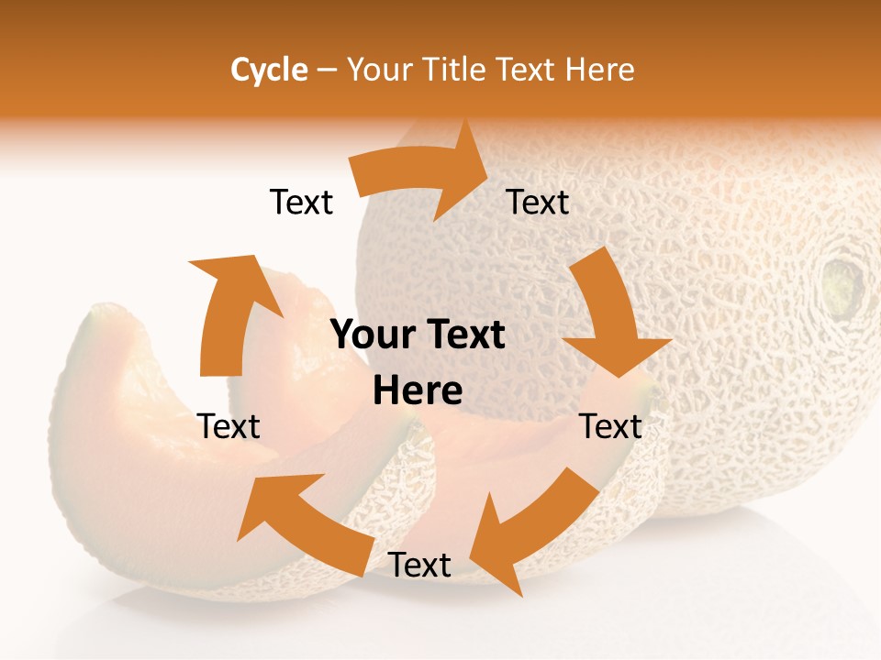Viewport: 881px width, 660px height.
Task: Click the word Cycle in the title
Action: click(x=269, y=70)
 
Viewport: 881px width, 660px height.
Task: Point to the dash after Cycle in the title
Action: click(x=326, y=70)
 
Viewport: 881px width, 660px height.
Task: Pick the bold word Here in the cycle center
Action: click(x=418, y=390)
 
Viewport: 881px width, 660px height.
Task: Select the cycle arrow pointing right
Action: click(x=422, y=174)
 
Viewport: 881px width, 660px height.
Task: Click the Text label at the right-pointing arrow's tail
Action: click(x=301, y=202)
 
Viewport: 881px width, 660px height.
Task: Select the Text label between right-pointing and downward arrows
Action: click(x=538, y=202)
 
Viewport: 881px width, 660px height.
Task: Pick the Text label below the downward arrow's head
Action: click(x=610, y=426)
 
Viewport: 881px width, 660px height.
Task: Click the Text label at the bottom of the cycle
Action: click(x=419, y=566)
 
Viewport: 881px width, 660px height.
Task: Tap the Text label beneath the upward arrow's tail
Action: click(x=229, y=426)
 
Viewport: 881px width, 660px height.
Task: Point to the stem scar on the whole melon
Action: click(x=842, y=284)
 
